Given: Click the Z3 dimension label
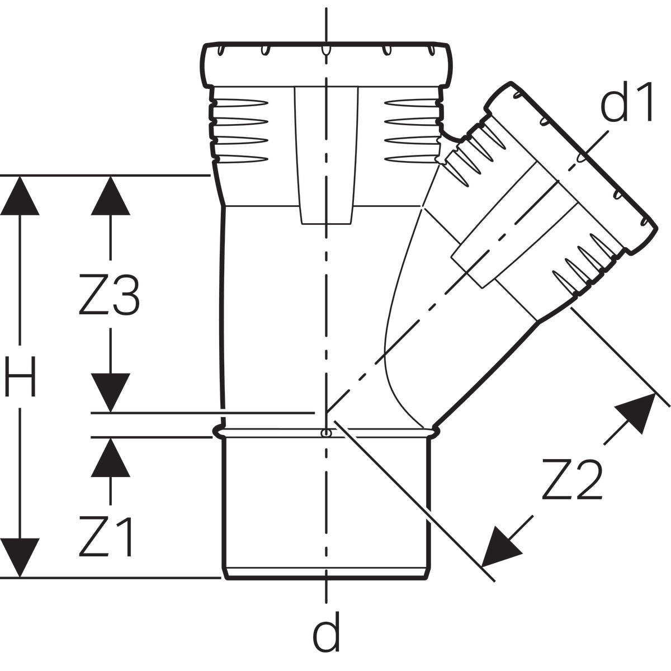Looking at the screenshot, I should [109, 295].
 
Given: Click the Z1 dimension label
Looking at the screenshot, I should [106, 537].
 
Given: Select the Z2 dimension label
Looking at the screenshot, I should [573, 479].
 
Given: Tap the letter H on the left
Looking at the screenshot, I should [20, 376].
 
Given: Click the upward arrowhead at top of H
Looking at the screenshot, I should [20, 196].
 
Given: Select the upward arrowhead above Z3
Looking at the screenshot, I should [110, 196].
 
